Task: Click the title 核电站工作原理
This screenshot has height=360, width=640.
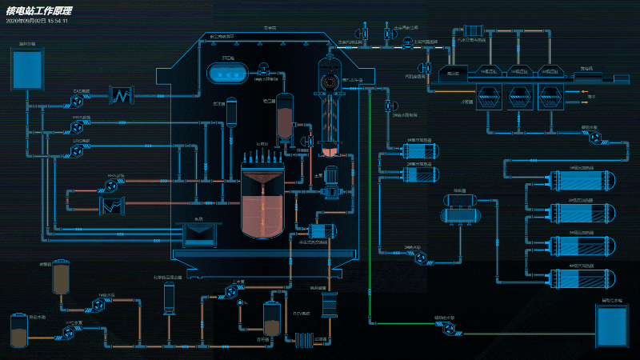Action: (39, 11)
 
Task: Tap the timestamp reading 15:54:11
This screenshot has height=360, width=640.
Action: (58, 21)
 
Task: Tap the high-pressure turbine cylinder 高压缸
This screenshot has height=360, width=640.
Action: (453, 73)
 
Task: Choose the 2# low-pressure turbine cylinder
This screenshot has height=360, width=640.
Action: (518, 73)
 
